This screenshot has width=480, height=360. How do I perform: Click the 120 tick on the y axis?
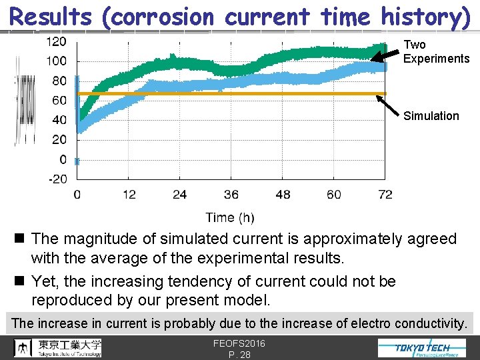tap(56, 41)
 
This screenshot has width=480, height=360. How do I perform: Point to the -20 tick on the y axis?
tap(57, 179)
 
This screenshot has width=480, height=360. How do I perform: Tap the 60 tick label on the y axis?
tap(59, 101)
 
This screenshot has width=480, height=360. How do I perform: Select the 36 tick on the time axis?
tap(231, 195)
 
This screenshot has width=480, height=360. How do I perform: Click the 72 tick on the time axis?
tap(385, 195)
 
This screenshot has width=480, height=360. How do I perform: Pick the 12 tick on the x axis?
tap(129, 195)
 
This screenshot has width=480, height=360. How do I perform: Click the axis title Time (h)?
tap(230, 217)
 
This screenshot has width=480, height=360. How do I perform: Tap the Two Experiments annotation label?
tap(436, 52)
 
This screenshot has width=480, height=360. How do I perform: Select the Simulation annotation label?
tap(431, 116)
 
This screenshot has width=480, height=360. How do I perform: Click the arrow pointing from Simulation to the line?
tap(388, 105)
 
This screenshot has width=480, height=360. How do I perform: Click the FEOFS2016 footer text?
tap(239, 343)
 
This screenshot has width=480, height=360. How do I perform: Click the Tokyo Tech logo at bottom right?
tap(423, 348)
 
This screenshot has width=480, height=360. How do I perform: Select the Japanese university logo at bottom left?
tap(59, 347)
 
